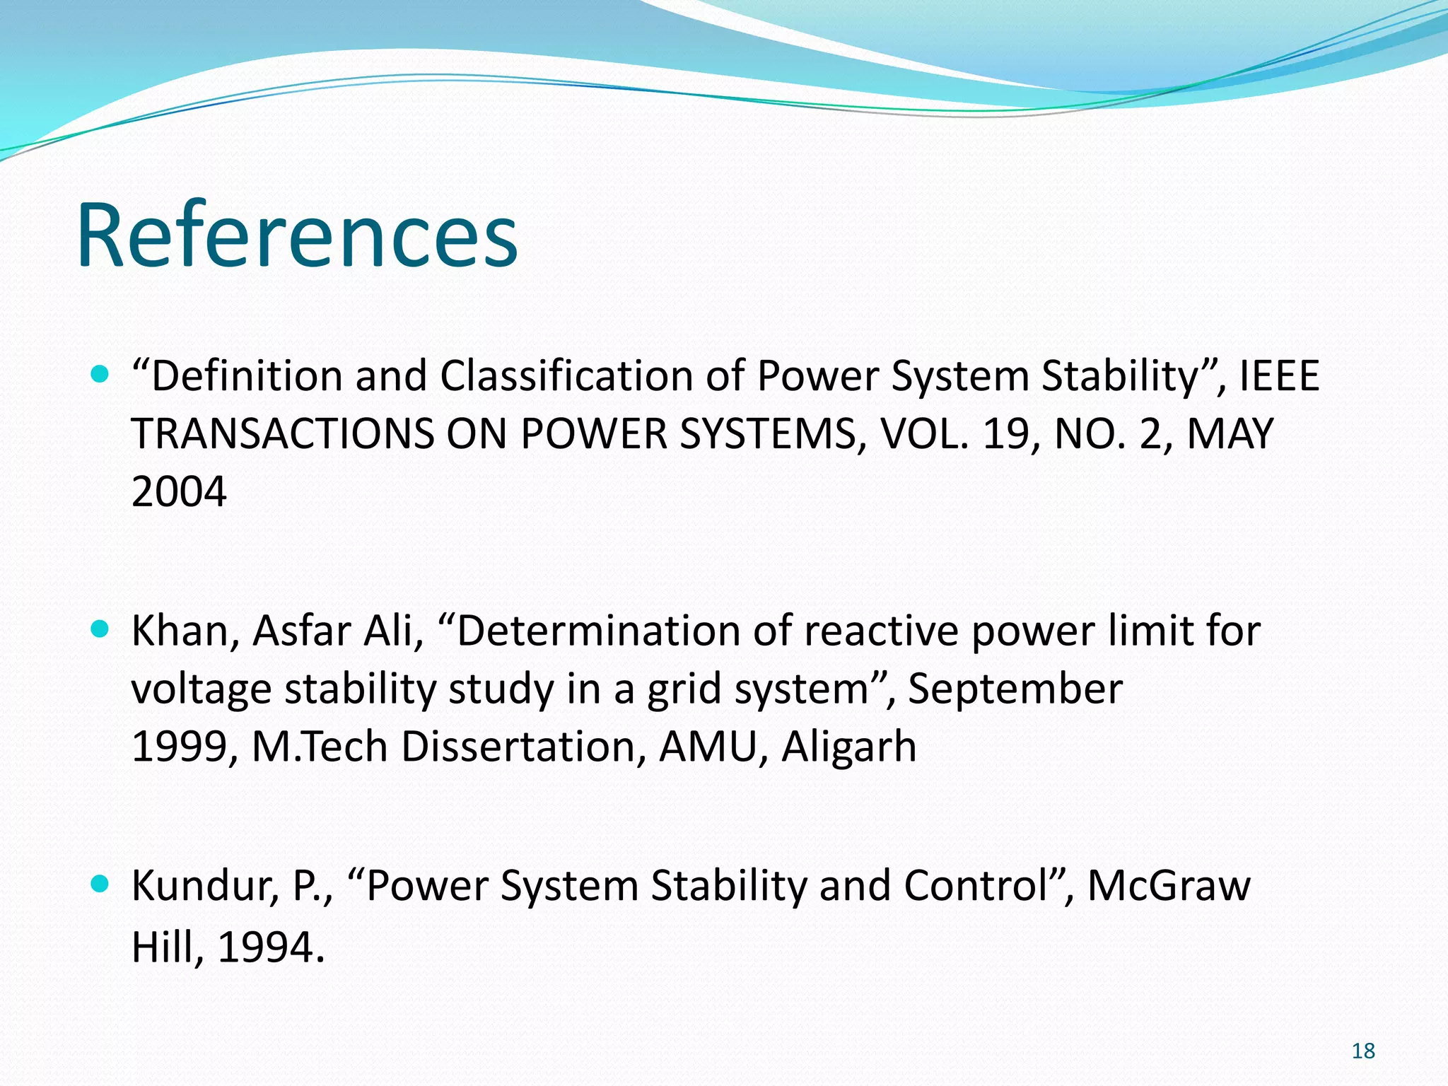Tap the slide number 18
pos(1362,1051)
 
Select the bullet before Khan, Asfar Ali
pos(101,629)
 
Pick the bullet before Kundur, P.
pos(101,883)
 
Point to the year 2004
pos(179,491)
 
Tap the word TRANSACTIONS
pos(282,433)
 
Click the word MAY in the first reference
pos(1230,433)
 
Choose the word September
pos(1015,689)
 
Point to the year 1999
pos(179,747)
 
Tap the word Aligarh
pos(848,747)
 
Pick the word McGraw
pos(1168,885)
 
